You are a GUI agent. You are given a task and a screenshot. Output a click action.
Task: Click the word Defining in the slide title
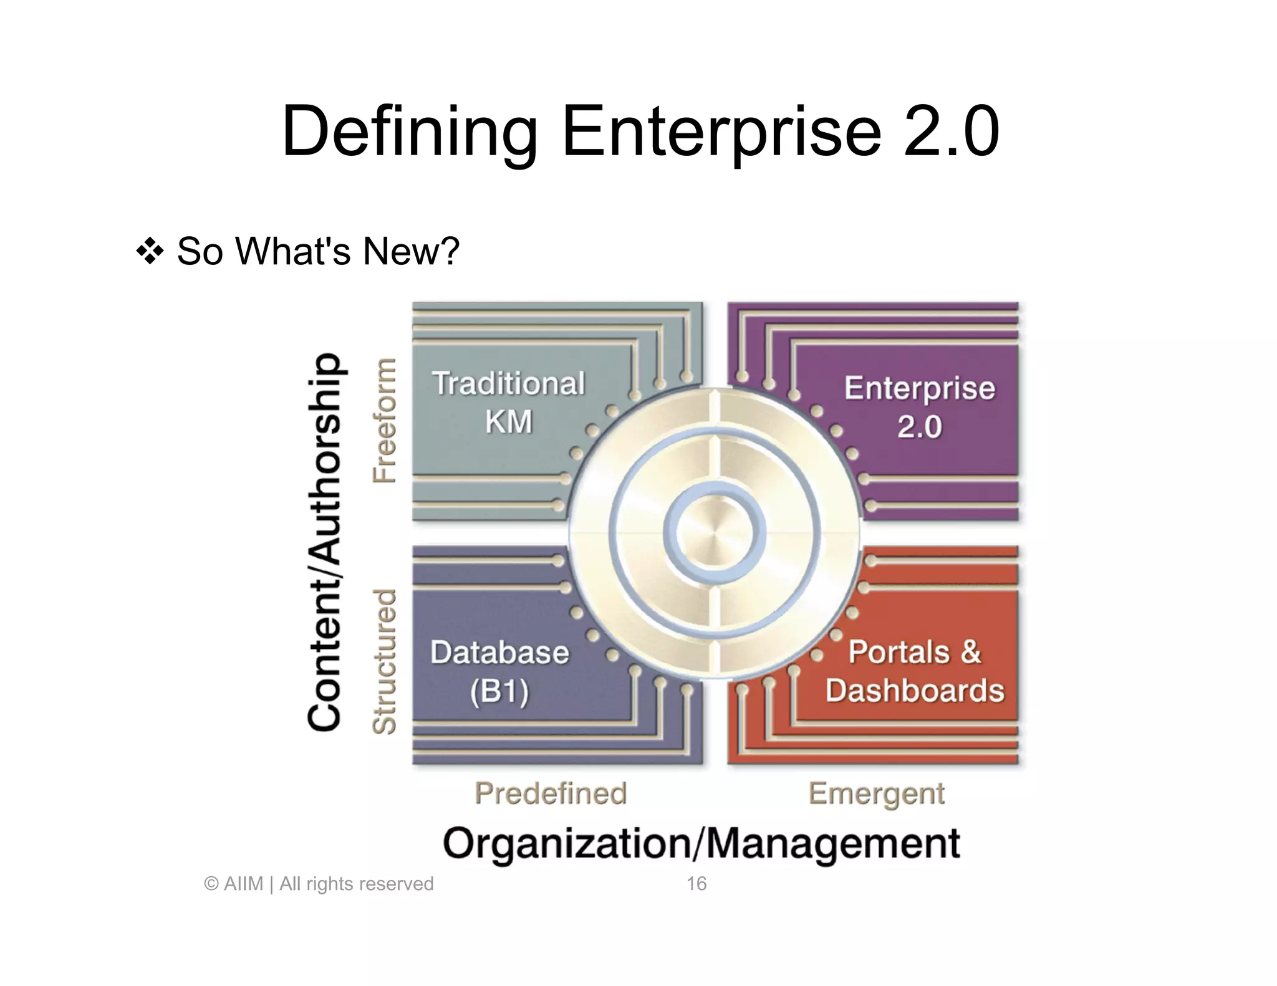409,132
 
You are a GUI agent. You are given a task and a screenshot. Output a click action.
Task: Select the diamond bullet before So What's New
150,251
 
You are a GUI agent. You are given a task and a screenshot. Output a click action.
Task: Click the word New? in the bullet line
411,251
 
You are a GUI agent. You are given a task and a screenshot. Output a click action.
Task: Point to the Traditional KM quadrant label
509,402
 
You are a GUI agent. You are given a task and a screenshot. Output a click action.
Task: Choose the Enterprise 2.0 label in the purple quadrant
920,407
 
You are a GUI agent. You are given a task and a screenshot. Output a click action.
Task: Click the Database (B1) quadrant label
499,672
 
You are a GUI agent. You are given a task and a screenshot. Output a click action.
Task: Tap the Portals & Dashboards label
915,671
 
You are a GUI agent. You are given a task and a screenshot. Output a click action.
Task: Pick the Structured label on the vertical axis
385,661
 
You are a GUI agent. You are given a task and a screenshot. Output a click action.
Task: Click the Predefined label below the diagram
551,793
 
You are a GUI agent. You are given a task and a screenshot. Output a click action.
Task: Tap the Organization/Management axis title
701,844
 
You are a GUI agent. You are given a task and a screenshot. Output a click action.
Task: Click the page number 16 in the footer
696,884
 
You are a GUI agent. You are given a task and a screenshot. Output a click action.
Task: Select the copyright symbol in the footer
211,884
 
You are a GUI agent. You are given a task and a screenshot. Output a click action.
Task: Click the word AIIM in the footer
243,884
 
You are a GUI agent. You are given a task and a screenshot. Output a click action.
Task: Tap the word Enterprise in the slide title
721,132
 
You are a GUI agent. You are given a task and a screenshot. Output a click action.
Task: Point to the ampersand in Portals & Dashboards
970,652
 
